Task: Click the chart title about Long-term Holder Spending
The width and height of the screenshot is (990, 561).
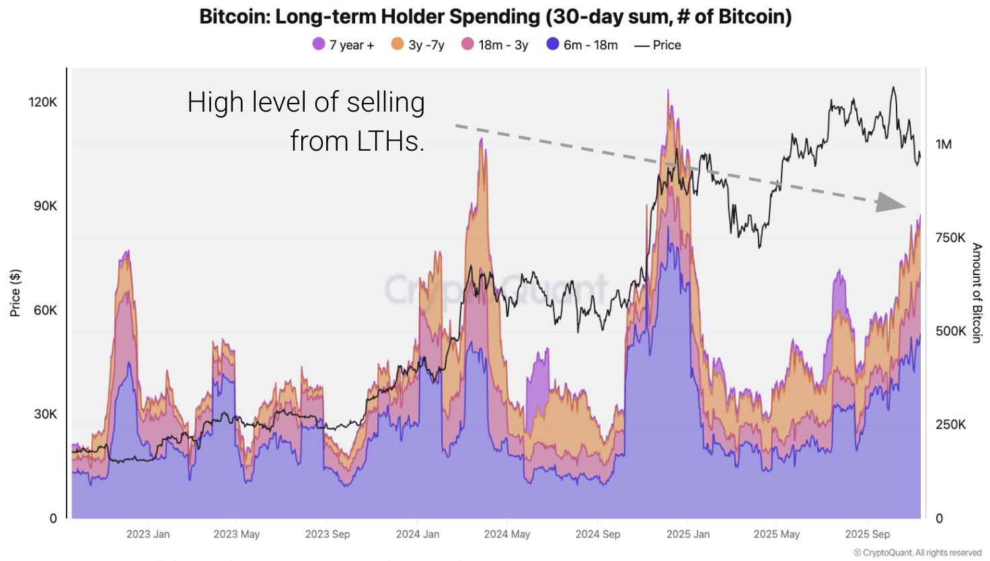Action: point(495,16)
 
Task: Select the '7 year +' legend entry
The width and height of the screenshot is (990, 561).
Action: point(343,45)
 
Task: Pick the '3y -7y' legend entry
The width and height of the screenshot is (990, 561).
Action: point(418,45)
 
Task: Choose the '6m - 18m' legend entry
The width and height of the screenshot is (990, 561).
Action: point(582,45)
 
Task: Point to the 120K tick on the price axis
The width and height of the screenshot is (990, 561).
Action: point(43,102)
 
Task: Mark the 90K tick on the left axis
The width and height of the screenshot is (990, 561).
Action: point(45,206)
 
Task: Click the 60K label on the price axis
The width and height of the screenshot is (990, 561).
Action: point(45,310)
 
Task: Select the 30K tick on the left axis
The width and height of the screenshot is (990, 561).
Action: point(45,414)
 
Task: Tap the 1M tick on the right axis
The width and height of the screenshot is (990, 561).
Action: point(944,145)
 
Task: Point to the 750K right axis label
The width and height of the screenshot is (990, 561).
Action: point(950,238)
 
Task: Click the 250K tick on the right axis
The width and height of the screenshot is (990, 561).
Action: point(950,425)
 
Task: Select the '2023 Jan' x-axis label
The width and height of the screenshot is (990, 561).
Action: point(148,534)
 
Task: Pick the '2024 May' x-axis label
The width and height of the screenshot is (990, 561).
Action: point(506,534)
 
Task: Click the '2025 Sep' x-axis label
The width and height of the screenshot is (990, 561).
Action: point(867,534)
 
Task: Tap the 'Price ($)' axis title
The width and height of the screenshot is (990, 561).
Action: point(15,293)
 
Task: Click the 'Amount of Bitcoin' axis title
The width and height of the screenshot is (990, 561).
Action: point(977,293)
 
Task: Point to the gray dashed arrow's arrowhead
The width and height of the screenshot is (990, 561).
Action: point(891,202)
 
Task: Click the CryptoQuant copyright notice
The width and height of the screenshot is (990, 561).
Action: point(917,553)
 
